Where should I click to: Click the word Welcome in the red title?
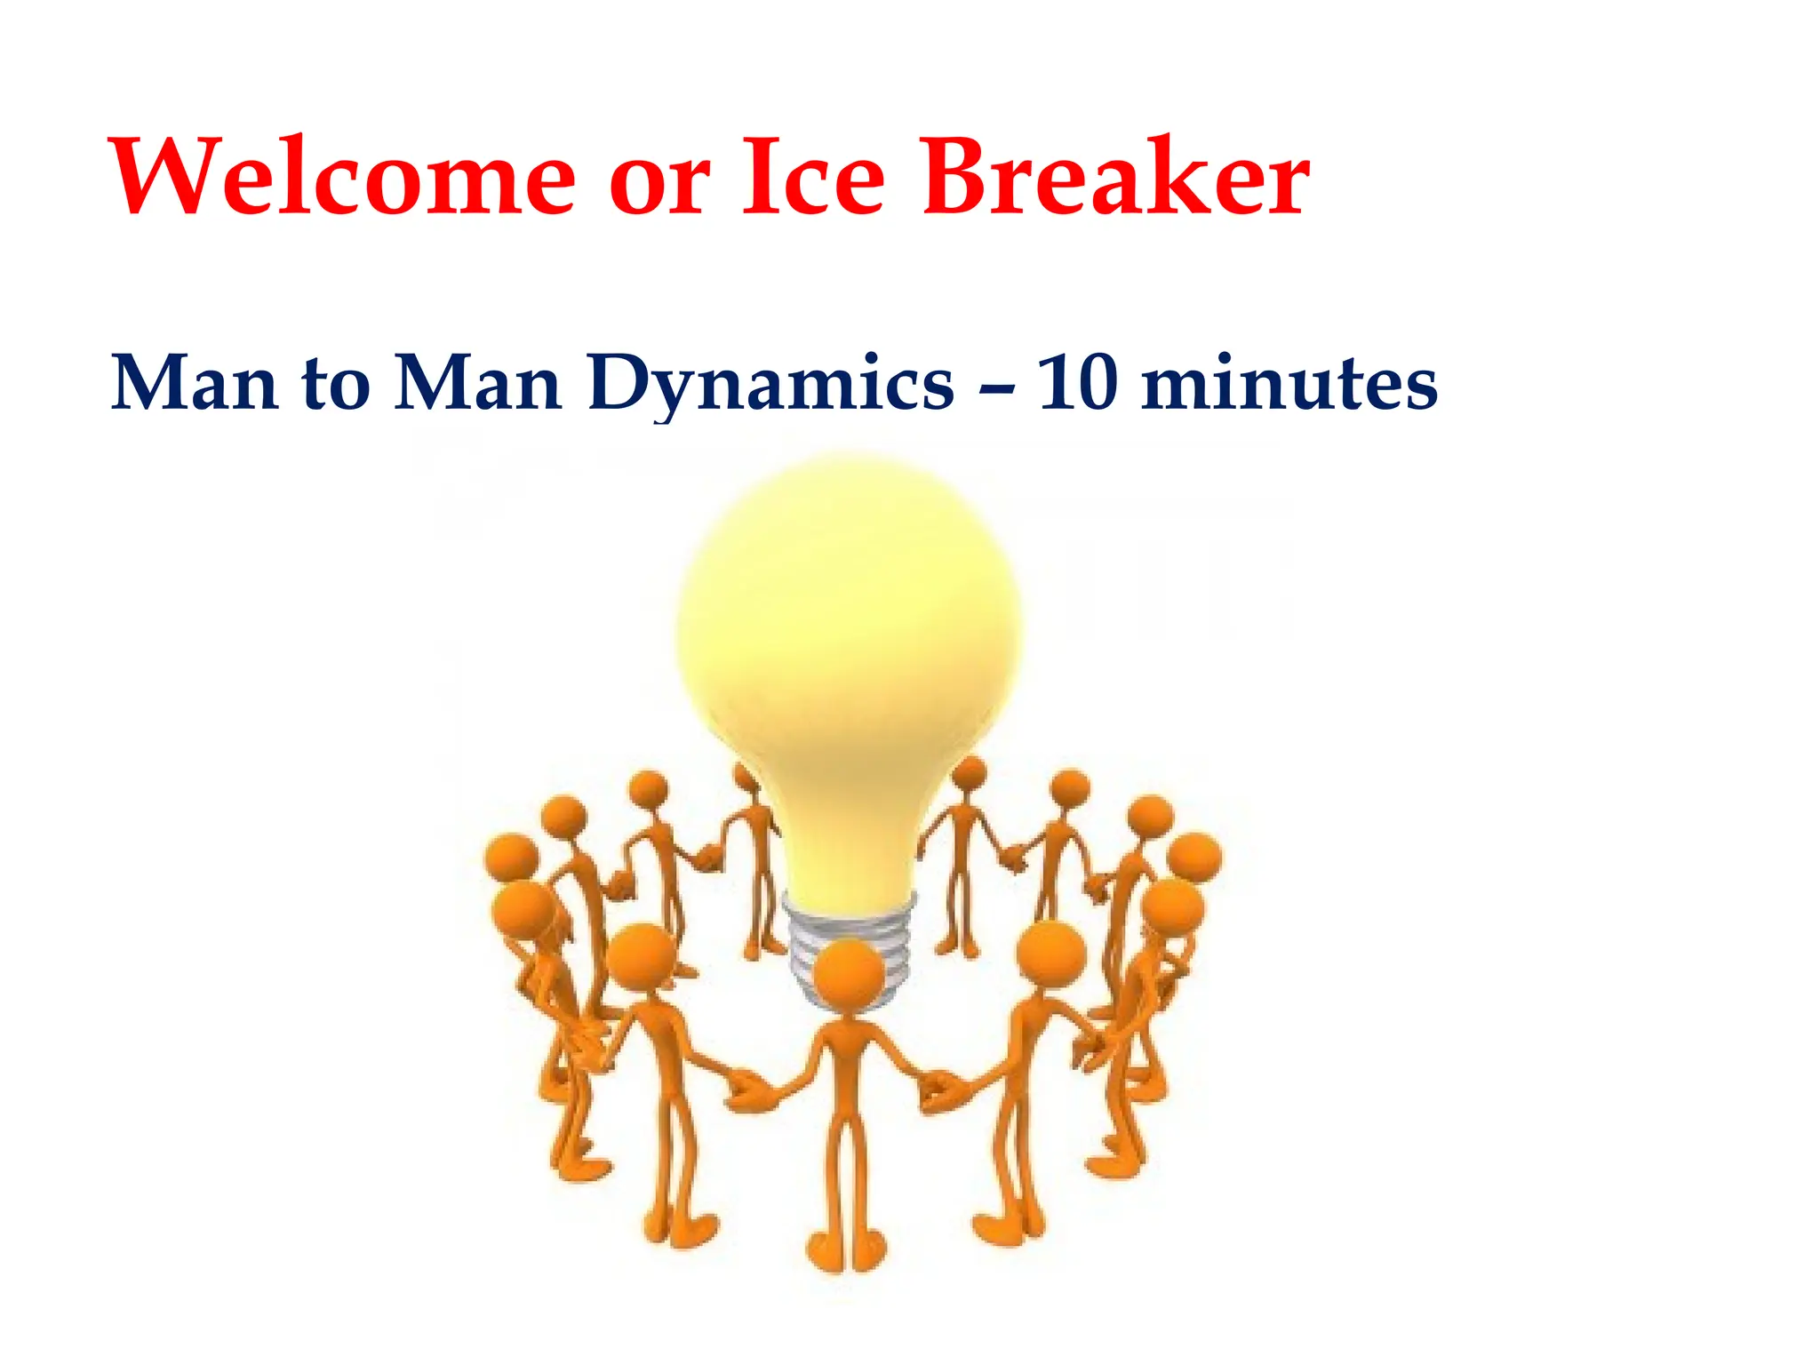click(x=343, y=178)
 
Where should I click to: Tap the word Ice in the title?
click(x=812, y=178)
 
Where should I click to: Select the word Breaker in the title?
click(x=1115, y=178)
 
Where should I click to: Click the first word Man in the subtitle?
click(x=195, y=384)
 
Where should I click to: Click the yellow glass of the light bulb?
click(x=849, y=640)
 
